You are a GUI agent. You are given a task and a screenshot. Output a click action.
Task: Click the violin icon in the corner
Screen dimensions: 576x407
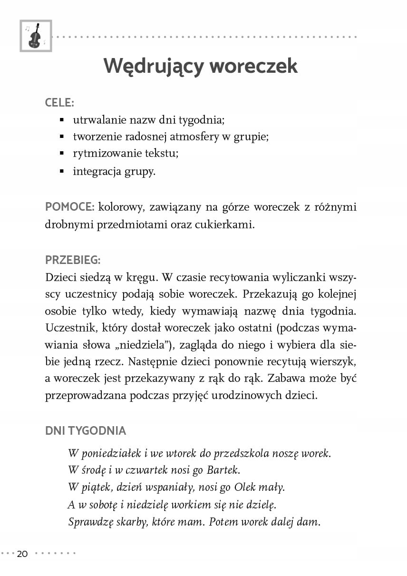pos(35,36)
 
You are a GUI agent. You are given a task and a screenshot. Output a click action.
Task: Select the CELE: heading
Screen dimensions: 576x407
pos(59,102)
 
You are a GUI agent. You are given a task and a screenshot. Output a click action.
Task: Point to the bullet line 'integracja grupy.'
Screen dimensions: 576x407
pos(114,171)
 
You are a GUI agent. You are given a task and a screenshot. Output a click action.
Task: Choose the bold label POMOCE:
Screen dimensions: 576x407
pos(70,207)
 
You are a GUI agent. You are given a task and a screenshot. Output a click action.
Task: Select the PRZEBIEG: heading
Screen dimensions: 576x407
pos(73,260)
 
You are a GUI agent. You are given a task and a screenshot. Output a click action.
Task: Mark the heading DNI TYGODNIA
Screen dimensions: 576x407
pos(86,431)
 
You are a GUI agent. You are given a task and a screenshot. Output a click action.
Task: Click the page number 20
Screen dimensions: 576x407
pos(23,554)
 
